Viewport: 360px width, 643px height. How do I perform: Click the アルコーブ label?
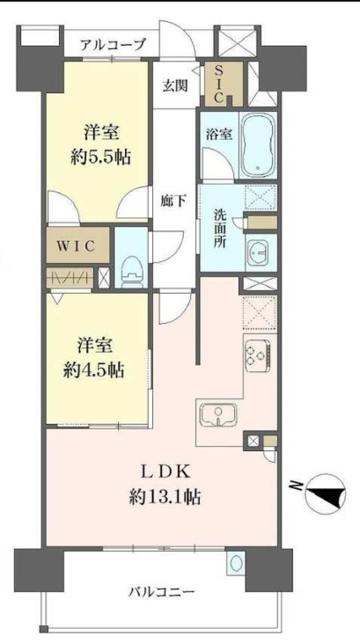click(113, 45)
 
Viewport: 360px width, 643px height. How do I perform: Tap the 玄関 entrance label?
click(175, 86)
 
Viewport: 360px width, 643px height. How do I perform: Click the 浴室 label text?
click(219, 134)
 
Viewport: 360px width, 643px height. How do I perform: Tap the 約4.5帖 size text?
click(94, 370)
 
